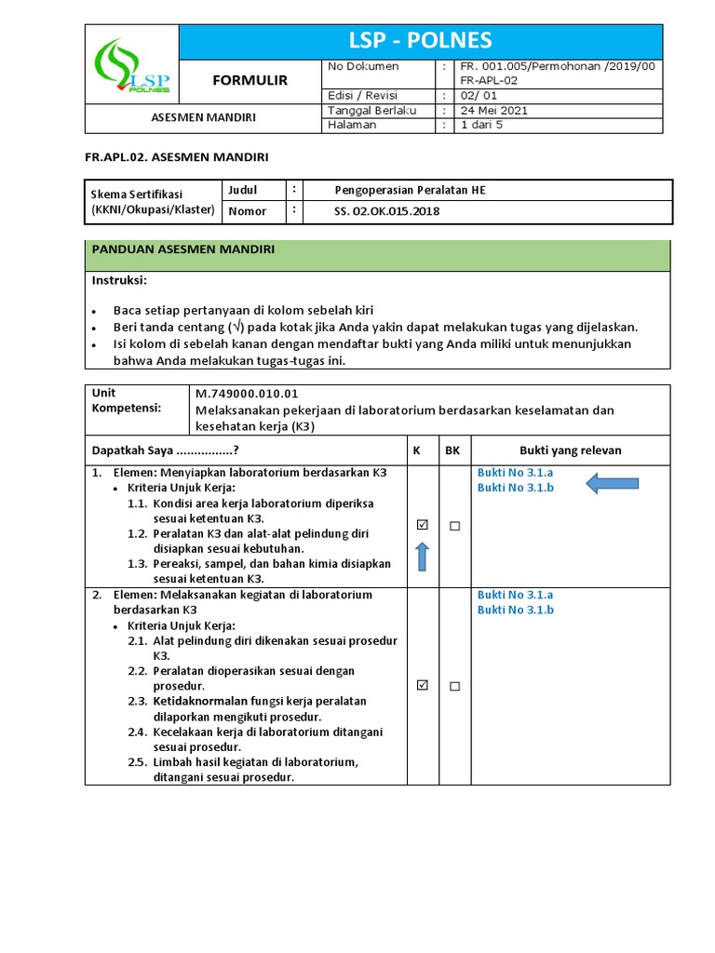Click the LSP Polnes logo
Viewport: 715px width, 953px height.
tap(131, 65)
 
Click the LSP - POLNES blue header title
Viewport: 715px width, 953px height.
tap(420, 41)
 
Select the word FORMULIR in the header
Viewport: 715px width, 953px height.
tap(250, 81)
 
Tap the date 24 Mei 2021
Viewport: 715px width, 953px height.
tap(494, 110)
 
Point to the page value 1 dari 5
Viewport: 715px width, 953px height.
tap(481, 125)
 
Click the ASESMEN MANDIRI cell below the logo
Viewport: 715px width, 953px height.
tap(204, 117)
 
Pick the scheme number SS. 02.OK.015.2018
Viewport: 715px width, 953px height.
tap(386, 211)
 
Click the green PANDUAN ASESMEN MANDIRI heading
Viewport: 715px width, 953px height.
tap(182, 249)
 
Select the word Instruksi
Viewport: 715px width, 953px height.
tap(119, 280)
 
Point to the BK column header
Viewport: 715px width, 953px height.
tap(452, 450)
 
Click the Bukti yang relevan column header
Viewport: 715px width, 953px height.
tap(570, 450)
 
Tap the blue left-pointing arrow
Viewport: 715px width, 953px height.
tap(612, 482)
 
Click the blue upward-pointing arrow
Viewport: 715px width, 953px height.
tap(422, 557)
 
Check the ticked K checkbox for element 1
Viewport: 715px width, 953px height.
tap(422, 525)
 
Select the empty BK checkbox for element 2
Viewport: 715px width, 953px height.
tap(454, 686)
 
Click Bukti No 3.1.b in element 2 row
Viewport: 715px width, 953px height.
tap(515, 610)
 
